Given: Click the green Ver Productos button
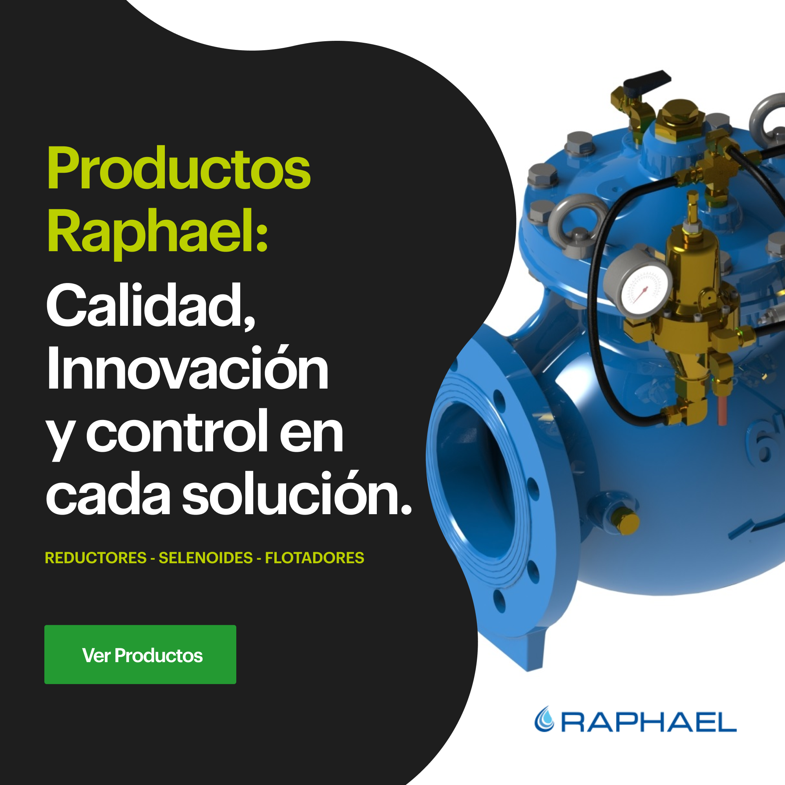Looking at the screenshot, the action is coord(140,655).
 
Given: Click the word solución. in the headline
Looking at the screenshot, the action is coord(297,493).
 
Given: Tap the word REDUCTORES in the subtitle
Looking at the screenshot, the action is coord(95,558).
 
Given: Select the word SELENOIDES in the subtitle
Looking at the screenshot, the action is coord(206,558).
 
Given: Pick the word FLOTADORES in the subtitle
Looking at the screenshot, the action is coord(314,558).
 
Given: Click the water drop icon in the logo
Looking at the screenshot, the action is coord(544,719).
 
